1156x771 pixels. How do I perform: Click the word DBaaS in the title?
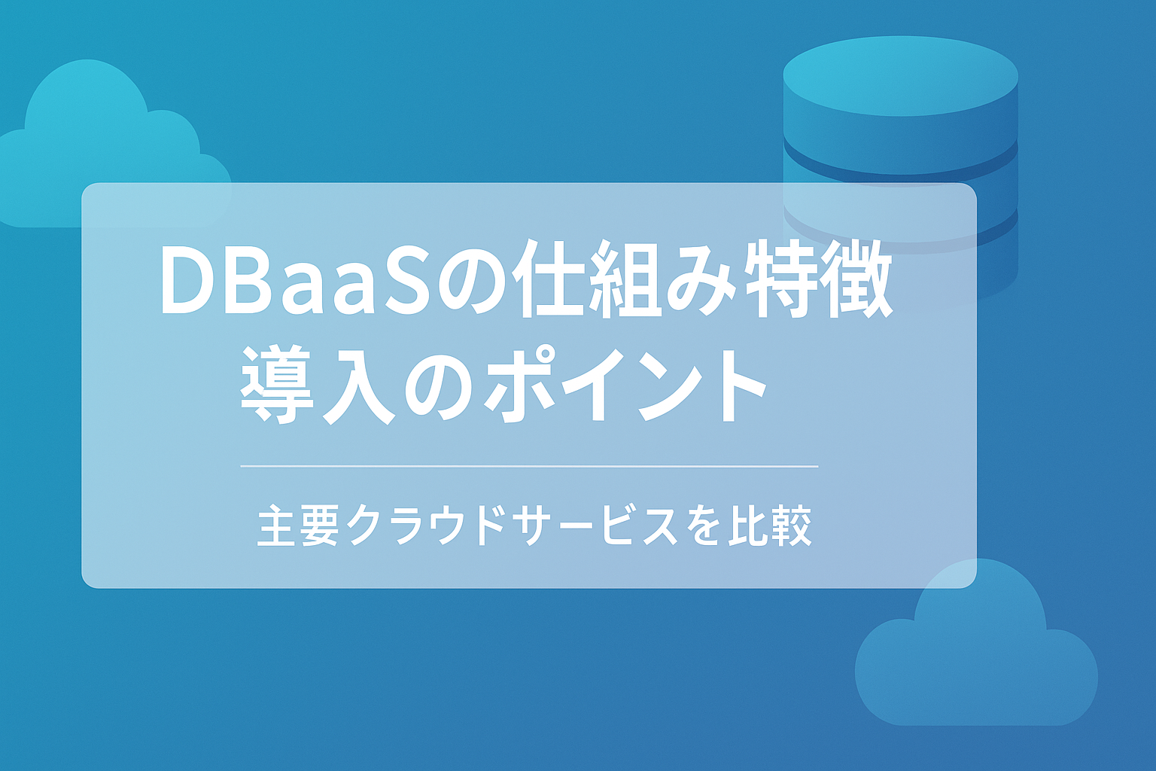[295, 281]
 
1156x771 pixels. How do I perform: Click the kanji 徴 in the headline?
[856, 279]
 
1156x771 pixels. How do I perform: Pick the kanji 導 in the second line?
[277, 385]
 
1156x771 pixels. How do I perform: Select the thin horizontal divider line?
[529, 466]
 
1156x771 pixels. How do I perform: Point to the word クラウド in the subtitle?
[423, 526]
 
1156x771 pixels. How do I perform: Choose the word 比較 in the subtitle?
[771, 526]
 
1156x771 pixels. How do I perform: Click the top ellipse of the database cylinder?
[901, 76]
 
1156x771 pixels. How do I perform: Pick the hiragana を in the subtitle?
[702, 526]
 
